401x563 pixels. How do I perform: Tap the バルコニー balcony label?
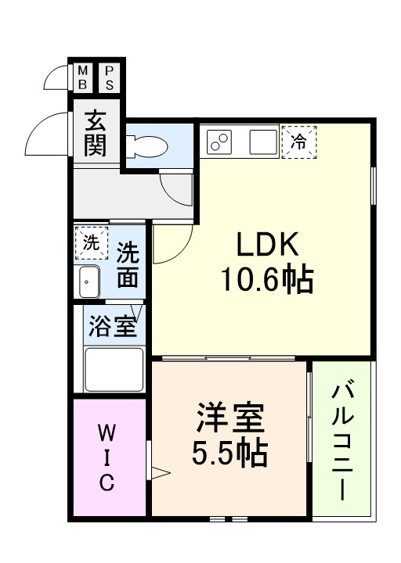(x=341, y=441)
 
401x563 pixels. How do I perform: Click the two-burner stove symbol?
(x=220, y=142)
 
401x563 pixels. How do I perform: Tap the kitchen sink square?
(x=263, y=142)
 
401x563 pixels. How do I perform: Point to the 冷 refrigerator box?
(x=298, y=142)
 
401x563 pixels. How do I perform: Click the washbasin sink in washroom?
(x=88, y=282)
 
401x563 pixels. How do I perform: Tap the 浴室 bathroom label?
(x=113, y=326)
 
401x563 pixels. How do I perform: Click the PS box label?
(x=109, y=76)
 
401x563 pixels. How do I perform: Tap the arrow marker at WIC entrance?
(x=160, y=472)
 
